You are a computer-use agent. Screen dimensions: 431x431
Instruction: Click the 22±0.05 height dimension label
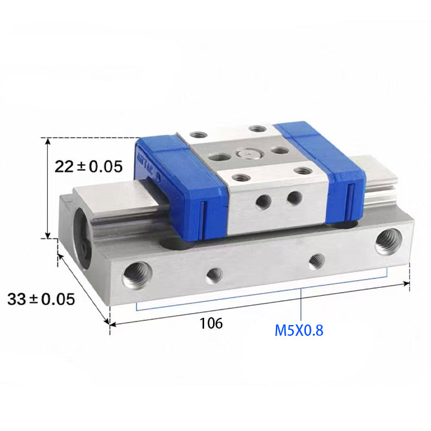[x=89, y=166]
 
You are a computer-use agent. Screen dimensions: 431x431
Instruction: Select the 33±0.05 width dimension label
[x=41, y=299]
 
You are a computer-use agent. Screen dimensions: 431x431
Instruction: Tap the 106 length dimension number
[x=211, y=323]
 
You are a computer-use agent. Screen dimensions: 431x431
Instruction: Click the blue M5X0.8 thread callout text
[x=299, y=330]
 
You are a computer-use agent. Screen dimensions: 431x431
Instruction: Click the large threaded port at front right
[x=388, y=242]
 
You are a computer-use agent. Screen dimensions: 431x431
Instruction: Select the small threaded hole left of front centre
[x=214, y=275]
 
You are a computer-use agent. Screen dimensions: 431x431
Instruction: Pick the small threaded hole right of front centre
[x=317, y=262]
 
